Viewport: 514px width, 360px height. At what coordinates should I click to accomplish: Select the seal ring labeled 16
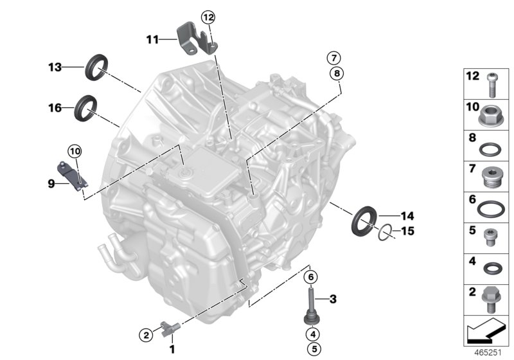(87, 107)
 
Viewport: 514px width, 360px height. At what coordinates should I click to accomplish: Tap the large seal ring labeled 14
(364, 219)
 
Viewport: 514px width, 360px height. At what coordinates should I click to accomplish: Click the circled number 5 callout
(312, 350)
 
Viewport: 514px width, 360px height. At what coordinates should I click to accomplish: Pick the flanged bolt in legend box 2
(490, 300)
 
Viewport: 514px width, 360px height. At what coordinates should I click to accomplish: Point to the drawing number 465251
(488, 353)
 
